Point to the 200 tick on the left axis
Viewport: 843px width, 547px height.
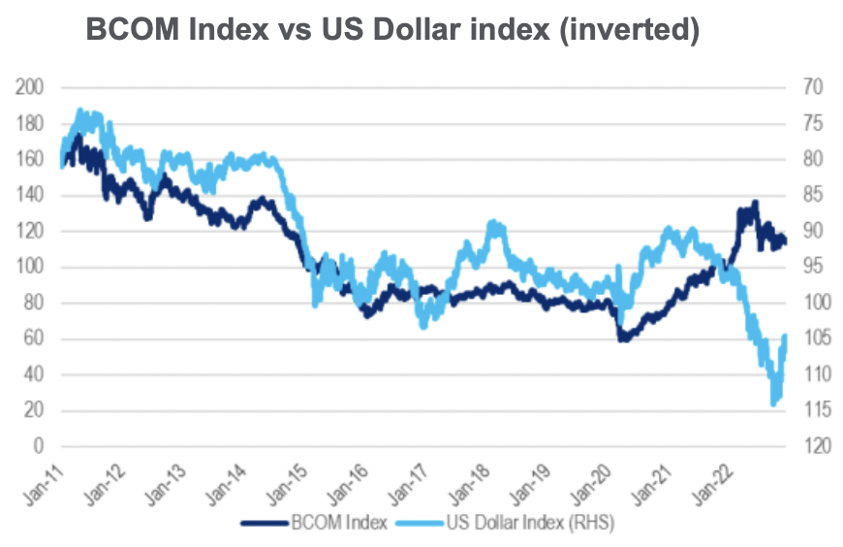coord(31,87)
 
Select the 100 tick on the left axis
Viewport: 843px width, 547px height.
coord(31,267)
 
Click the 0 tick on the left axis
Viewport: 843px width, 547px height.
coord(40,446)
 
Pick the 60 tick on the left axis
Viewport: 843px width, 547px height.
coord(35,338)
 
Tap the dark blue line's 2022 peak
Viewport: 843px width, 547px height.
coord(755,202)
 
